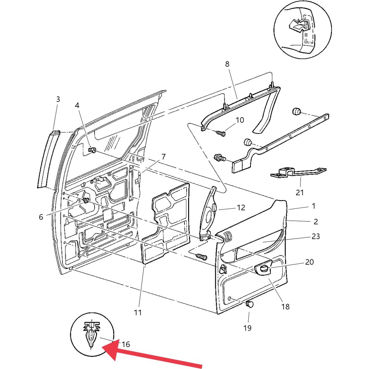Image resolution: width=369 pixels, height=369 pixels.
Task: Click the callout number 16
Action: click(x=126, y=344)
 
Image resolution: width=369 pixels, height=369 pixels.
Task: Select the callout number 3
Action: click(x=58, y=99)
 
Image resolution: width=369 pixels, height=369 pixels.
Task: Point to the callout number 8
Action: click(x=227, y=64)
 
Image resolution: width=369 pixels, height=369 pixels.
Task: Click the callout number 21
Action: click(x=300, y=192)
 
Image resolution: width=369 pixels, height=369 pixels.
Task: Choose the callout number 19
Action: click(x=247, y=328)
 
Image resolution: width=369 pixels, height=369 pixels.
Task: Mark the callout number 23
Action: click(x=316, y=236)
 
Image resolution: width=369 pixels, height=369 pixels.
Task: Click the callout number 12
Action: click(x=241, y=208)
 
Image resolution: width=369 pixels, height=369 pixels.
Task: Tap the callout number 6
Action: click(x=41, y=217)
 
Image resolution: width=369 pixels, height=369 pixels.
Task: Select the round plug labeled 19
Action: click(x=250, y=304)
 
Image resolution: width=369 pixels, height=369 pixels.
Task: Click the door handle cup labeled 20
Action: click(x=264, y=269)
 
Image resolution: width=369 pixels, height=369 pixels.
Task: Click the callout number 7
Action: click(x=163, y=157)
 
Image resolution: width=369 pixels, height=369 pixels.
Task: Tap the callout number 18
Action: click(x=285, y=306)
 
